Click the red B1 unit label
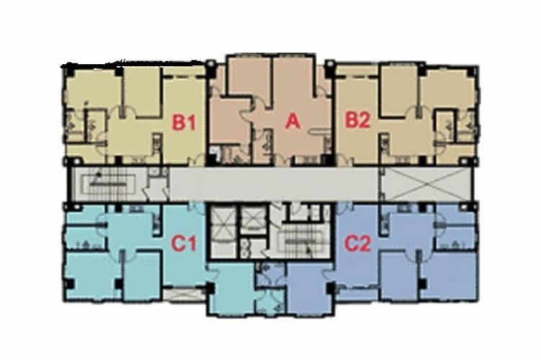pyautogui.click(x=184, y=122)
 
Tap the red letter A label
pyautogui.click(x=292, y=122)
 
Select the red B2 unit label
pyautogui.click(x=358, y=121)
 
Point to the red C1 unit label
pyautogui.click(x=184, y=243)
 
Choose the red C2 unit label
pyautogui.click(x=358, y=243)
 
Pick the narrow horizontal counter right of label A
pyautogui.click(x=320, y=130)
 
